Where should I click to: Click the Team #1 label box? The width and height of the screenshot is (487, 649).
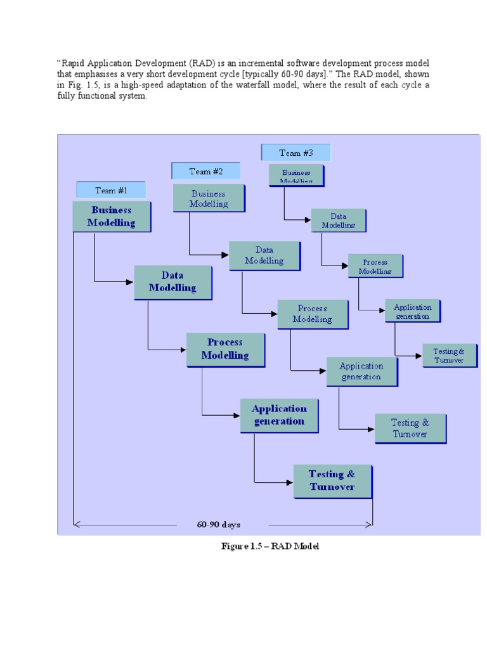pos(111,190)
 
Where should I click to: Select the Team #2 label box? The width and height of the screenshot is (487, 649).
pos(205,171)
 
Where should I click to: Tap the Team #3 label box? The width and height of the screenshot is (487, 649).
pos(295,153)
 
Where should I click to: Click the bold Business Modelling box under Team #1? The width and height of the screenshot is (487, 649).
pos(112,216)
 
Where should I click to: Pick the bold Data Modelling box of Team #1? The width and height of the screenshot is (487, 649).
pos(172,282)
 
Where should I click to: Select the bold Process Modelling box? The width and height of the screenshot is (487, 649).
pos(225,349)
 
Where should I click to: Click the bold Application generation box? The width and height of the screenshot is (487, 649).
pos(278,415)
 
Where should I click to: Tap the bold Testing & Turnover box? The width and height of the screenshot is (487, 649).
pos(332,481)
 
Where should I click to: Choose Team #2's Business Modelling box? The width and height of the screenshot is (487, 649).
pos(209,199)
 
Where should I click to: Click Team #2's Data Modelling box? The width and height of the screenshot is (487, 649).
pos(264,255)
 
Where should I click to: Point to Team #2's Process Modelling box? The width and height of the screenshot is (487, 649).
pos(312,314)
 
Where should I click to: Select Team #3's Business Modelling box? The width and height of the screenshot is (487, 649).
pos(296,176)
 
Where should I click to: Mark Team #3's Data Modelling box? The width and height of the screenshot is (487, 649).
pos(338,221)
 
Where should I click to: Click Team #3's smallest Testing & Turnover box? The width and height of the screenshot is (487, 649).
pos(450,356)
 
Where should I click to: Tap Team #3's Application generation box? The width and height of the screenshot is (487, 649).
pos(412,311)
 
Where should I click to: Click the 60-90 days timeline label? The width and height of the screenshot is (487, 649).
pos(219,525)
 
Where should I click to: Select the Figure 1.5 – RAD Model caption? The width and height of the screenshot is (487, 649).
pos(269,546)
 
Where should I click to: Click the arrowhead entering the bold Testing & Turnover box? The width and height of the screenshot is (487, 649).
pos(289,482)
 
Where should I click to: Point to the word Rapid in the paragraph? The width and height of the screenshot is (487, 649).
pos(73,63)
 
